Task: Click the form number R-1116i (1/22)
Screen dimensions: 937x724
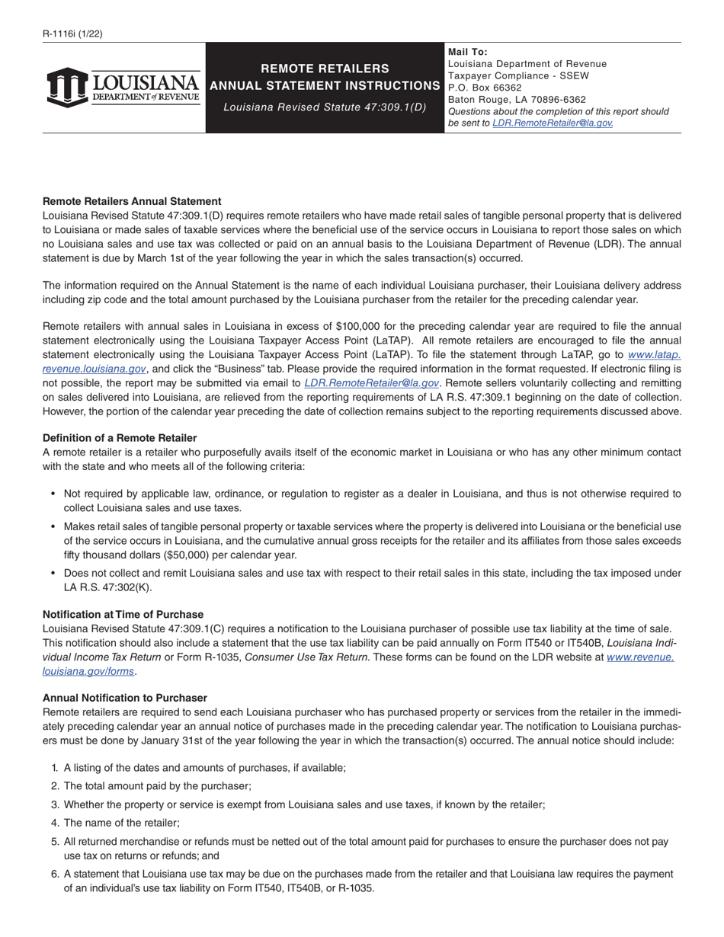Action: (x=72, y=34)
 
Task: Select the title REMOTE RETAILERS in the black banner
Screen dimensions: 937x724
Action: (x=325, y=69)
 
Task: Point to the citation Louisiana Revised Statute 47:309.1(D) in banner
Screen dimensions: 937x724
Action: (x=325, y=107)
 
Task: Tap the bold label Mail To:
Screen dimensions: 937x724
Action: (x=468, y=52)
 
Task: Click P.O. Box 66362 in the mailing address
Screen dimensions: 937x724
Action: (x=485, y=88)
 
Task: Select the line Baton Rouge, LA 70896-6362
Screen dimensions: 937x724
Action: (x=517, y=100)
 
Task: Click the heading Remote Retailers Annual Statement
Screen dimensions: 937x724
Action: (x=132, y=202)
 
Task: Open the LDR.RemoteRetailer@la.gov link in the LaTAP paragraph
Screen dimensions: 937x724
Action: (x=371, y=383)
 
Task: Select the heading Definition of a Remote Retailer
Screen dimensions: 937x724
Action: (x=120, y=438)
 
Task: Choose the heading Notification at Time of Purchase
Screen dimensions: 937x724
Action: (x=123, y=614)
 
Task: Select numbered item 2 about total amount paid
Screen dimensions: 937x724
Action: (x=157, y=786)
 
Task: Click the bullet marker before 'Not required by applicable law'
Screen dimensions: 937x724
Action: (x=53, y=494)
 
